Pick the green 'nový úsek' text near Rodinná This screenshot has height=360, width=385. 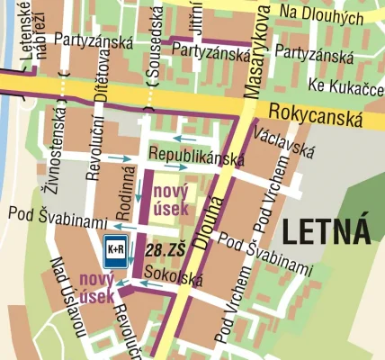170,200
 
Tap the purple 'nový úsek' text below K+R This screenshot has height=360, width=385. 96,286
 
